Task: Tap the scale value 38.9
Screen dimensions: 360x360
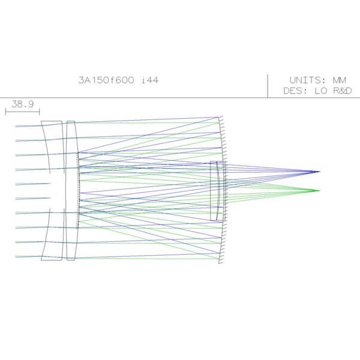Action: [23, 104]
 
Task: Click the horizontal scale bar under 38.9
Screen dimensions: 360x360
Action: [23, 111]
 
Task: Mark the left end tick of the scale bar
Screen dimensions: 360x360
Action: [6, 111]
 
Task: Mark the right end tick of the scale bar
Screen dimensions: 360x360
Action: [40, 111]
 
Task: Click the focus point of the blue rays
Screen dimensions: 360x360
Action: [318, 172]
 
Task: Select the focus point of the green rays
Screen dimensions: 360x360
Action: [318, 191]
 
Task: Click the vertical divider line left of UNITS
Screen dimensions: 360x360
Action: [268, 86]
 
